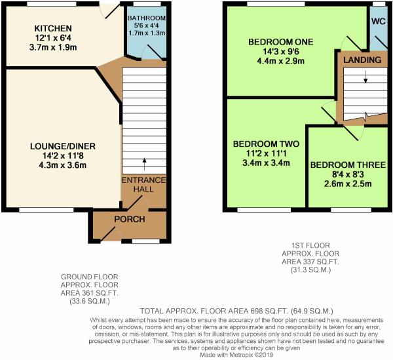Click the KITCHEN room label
[53, 28]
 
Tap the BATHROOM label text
[147, 18]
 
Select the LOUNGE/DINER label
[63, 146]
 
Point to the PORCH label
[130, 219]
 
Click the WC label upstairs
[379, 22]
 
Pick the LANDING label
[362, 60]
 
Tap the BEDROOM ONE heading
[281, 42]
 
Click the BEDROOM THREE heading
[348, 165]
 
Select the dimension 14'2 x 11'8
[63, 156]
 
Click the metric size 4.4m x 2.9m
[281, 61]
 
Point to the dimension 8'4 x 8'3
[348, 174]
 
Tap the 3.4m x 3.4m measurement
[266, 163]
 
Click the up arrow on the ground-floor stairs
[144, 164]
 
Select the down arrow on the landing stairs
[365, 77]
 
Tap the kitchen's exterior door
[110, 11]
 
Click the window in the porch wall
[146, 241]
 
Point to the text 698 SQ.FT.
[269, 311]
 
